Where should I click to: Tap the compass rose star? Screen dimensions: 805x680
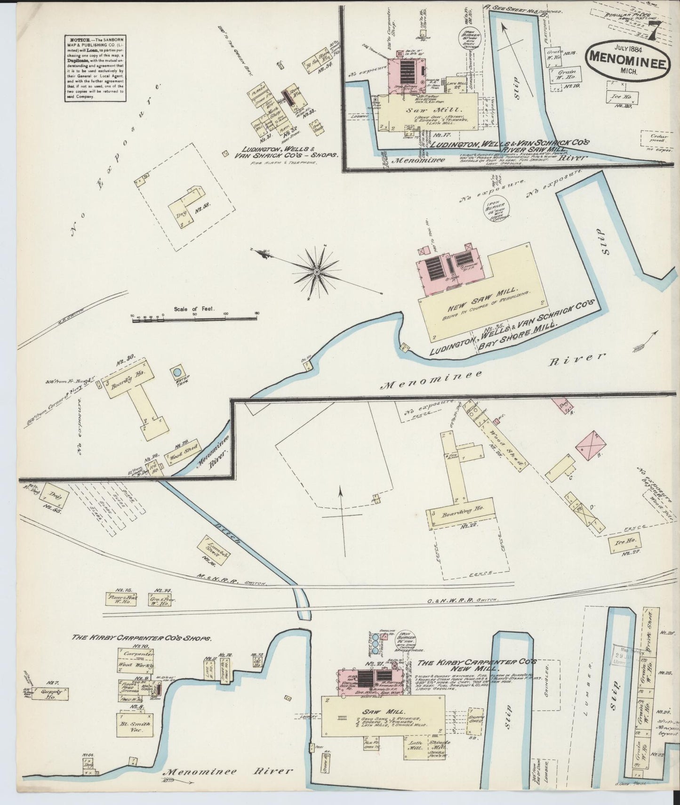tap(317, 272)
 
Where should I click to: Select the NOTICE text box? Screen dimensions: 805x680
tap(94, 68)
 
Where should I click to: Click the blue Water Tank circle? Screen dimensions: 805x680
tap(177, 371)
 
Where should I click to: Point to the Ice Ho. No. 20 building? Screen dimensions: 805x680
tap(622, 97)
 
